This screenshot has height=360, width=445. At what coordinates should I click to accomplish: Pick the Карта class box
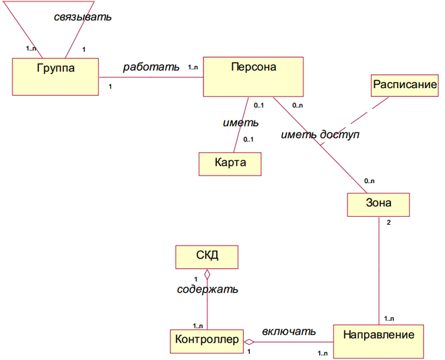[230, 163]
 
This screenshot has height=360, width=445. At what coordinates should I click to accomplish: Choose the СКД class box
[207, 256]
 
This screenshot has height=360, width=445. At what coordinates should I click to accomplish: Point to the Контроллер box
[206, 340]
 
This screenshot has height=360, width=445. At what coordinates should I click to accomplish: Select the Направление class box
[380, 340]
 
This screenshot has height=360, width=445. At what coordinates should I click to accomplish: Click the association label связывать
[82, 16]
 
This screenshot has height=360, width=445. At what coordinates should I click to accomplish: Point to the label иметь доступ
[320, 135]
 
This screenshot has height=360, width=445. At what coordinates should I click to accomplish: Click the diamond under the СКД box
[207, 275]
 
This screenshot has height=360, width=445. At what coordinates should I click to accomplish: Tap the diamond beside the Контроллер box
[248, 342]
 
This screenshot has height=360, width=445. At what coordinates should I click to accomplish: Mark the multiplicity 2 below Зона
[387, 222]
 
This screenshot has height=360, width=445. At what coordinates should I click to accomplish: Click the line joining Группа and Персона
[151, 76]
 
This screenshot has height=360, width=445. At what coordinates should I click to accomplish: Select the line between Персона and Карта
[238, 127]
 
